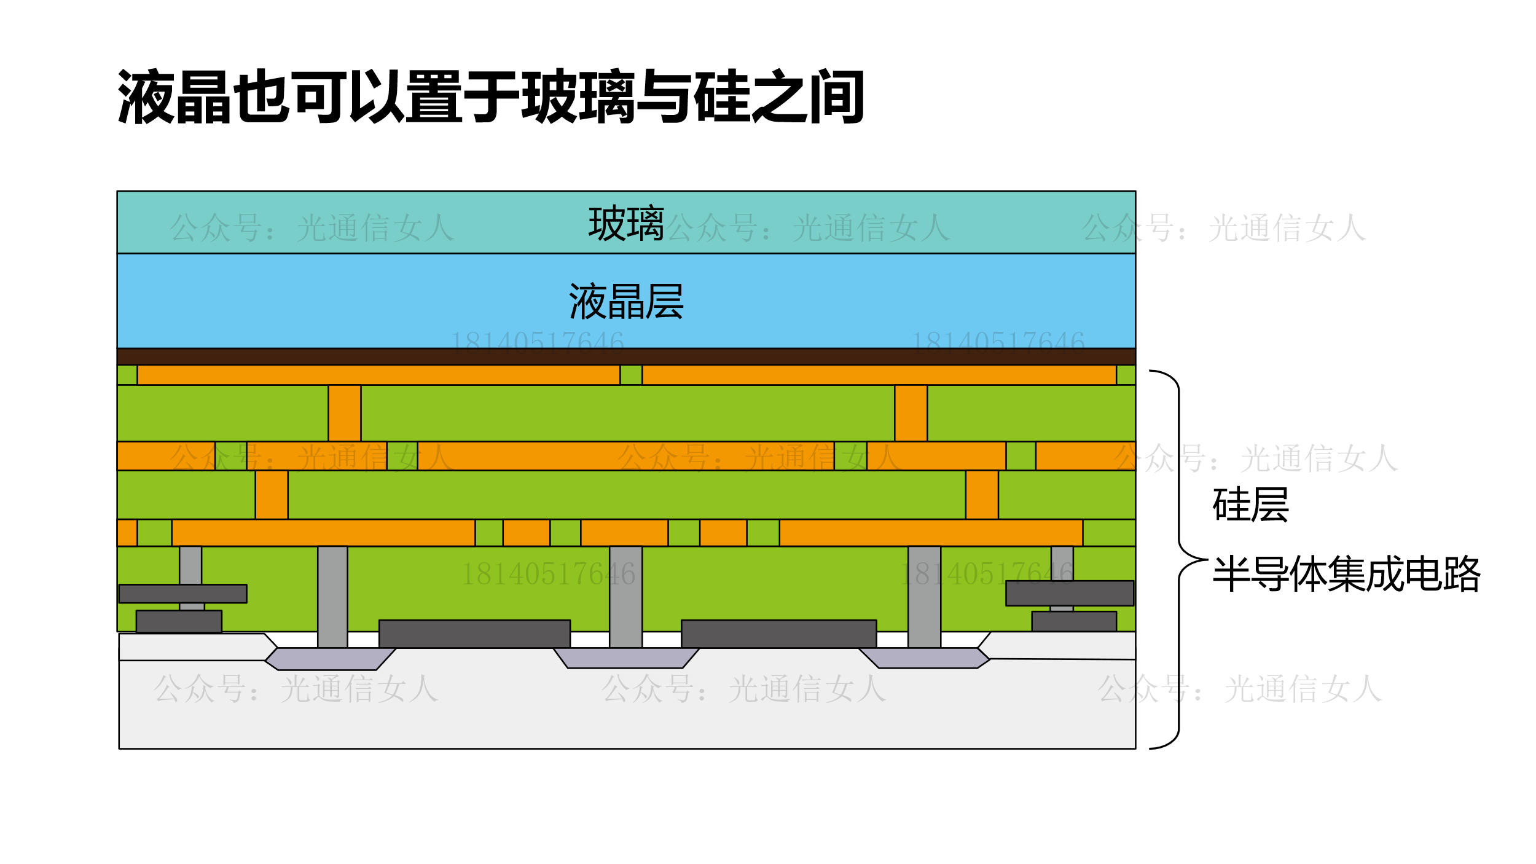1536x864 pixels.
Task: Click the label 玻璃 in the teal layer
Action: click(x=626, y=224)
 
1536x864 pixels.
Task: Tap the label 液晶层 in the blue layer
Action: click(x=626, y=302)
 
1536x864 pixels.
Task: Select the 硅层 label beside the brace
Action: click(x=1250, y=505)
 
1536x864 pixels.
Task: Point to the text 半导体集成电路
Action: click(x=1346, y=574)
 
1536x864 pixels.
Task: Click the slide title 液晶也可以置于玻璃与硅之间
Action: click(x=491, y=97)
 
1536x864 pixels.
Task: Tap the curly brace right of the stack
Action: click(x=1178, y=559)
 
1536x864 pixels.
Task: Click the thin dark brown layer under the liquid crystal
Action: click(x=626, y=356)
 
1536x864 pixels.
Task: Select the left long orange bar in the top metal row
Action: click(x=378, y=375)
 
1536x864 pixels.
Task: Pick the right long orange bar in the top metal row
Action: click(x=879, y=375)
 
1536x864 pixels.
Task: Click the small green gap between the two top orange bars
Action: click(x=631, y=375)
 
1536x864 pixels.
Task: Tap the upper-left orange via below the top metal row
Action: click(x=344, y=413)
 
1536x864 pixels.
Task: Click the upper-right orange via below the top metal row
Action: click(x=911, y=413)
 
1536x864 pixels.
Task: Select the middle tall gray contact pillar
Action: click(x=625, y=596)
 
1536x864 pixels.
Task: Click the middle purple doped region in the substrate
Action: click(x=625, y=658)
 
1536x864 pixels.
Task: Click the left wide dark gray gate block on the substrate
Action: click(x=474, y=634)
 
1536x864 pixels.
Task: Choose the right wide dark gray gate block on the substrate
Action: click(x=778, y=634)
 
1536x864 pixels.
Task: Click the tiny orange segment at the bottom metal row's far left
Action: click(x=127, y=533)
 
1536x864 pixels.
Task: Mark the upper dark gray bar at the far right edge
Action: click(x=1069, y=593)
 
